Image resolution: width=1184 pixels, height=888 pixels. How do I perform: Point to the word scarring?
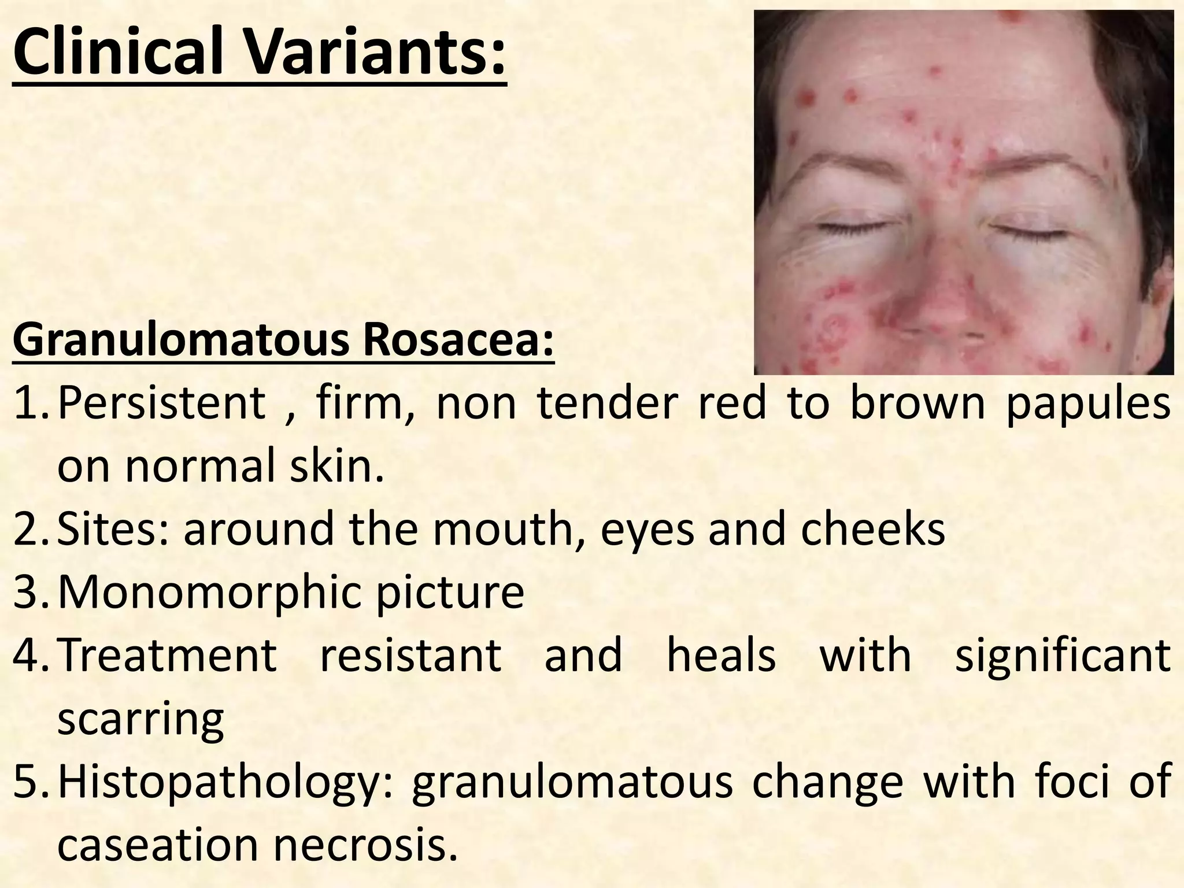point(141,720)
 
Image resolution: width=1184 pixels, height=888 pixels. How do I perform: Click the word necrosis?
point(361,845)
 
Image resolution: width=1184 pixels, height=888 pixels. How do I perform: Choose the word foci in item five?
point(1070,782)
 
